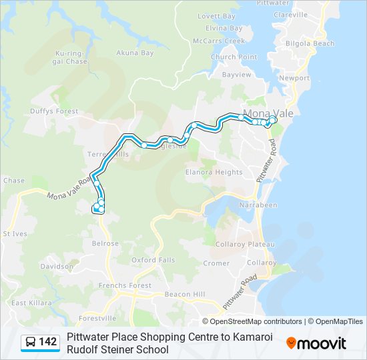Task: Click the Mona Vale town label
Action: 269,113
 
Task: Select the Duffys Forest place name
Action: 53,112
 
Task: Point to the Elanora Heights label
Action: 214,172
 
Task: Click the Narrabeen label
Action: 258,205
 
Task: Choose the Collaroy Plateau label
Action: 244,245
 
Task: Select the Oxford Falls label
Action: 153,260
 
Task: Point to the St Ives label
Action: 15,234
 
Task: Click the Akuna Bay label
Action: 135,53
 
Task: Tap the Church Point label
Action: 234,57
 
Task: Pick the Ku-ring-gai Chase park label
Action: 71,57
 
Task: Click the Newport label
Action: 294,78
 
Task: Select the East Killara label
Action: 27,303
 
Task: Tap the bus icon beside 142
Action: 31,343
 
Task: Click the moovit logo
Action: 316,343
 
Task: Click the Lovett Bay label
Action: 217,16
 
